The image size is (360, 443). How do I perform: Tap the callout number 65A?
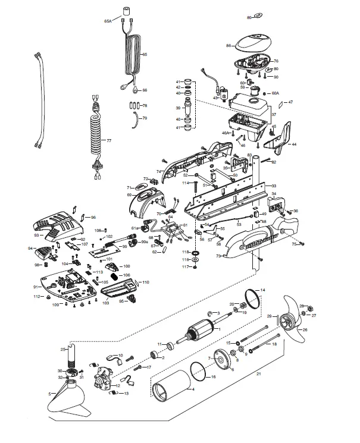[x=108, y=20]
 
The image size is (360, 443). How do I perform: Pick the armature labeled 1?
[x=199, y=333]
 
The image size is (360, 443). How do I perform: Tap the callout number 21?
[x=258, y=373]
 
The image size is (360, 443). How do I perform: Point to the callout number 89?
[x=249, y=18]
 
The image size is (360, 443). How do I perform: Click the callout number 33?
[x=274, y=186]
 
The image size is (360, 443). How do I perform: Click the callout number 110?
[x=146, y=282]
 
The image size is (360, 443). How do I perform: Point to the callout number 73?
[x=218, y=256]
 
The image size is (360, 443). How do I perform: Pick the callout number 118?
[x=185, y=253]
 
